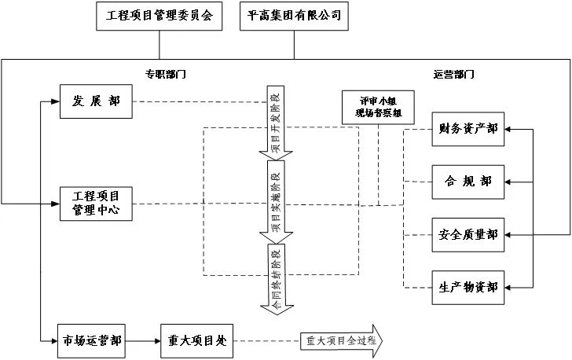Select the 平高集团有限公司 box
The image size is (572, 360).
point(294,17)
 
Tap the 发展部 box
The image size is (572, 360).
point(96,101)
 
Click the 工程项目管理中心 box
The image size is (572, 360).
point(96,203)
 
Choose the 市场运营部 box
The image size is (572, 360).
point(92,341)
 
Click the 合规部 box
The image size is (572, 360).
point(469,182)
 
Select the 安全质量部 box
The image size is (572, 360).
point(469,234)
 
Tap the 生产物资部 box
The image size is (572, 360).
point(469,287)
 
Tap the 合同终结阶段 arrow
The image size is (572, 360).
point(275,279)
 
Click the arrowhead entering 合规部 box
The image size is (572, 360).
point(510,182)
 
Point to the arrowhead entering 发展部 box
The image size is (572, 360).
point(56,101)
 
